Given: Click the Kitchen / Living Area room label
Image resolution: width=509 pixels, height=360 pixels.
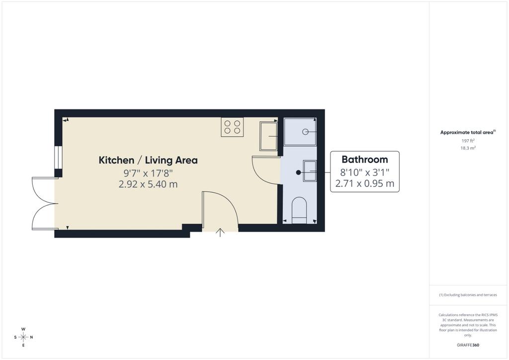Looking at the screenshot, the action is (x=148, y=160).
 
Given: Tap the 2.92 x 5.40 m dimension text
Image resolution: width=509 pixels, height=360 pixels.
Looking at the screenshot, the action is (x=148, y=184).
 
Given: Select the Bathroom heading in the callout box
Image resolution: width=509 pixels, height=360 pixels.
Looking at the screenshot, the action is (x=364, y=160).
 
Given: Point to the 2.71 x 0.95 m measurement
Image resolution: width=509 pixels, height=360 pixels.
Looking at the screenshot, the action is (x=364, y=184).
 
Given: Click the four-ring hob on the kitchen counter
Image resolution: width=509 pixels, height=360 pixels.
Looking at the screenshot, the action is (x=233, y=127).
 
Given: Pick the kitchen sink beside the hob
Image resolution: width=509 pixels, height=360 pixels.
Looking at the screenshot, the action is (x=268, y=136).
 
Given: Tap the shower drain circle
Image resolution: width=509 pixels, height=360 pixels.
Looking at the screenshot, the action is (x=305, y=132).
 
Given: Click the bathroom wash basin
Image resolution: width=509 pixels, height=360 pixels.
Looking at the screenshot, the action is (x=310, y=171).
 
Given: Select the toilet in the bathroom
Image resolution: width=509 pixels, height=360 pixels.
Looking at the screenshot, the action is (x=299, y=210).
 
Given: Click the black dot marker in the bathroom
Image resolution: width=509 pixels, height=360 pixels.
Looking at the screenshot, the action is (x=298, y=173).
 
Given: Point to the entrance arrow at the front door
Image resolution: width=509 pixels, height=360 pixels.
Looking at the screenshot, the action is (x=220, y=232).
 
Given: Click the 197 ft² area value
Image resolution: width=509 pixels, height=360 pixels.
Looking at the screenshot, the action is (x=468, y=141).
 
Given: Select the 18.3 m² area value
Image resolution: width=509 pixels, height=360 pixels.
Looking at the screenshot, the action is (x=468, y=148).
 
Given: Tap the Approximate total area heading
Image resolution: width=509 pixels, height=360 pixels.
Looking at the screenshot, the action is (x=468, y=132).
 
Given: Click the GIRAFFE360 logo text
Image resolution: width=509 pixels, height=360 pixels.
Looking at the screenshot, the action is (x=468, y=345).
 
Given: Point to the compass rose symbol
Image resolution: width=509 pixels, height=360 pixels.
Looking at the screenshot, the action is (x=23, y=337).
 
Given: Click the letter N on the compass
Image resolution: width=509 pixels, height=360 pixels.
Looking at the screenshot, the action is (x=31, y=337).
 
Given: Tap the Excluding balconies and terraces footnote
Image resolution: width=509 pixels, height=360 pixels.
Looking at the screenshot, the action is (x=468, y=295).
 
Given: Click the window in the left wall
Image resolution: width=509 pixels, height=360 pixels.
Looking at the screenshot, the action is (x=58, y=158).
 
